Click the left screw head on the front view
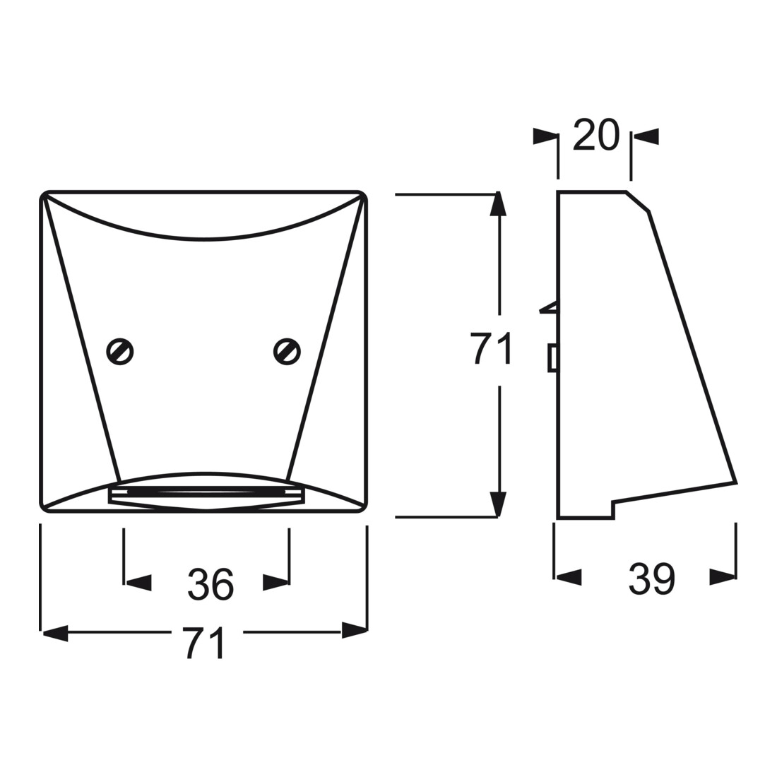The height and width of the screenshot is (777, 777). [120, 351]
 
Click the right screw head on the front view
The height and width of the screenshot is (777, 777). [287, 351]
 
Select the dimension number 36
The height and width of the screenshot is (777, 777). [210, 585]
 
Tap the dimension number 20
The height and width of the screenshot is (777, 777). [596, 134]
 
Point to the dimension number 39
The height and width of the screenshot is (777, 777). [652, 579]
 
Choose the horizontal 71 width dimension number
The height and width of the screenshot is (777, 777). [204, 643]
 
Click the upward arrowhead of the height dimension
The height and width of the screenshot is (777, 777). [498, 203]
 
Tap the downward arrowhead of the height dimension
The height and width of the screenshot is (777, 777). [498, 504]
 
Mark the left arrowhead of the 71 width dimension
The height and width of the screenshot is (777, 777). [54, 633]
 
